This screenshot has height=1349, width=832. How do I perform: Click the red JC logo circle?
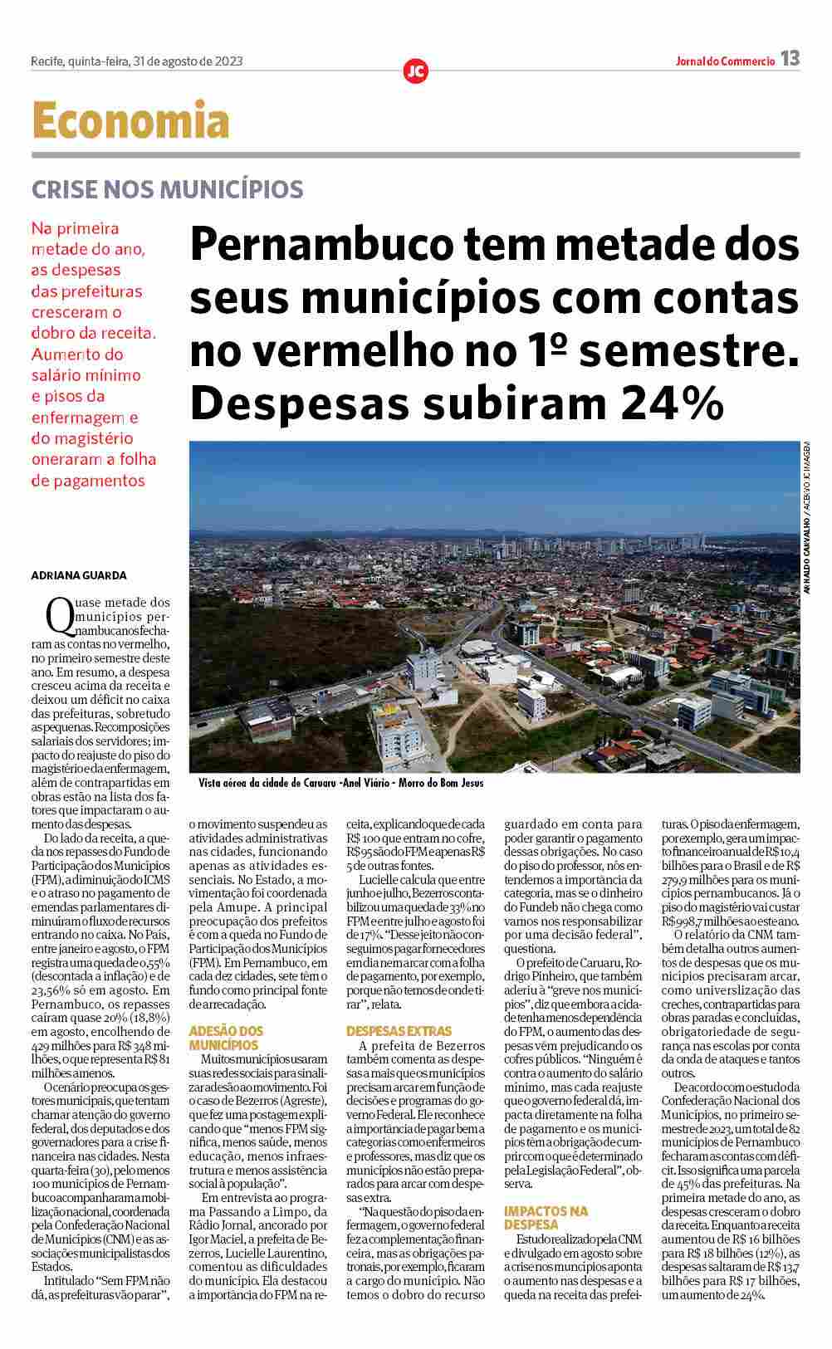pyautogui.click(x=415, y=71)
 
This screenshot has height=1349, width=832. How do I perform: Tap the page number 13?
pyautogui.click(x=790, y=59)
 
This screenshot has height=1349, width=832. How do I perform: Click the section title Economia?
pyautogui.click(x=130, y=121)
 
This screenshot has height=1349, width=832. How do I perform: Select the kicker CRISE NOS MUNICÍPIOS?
pyautogui.click(x=167, y=189)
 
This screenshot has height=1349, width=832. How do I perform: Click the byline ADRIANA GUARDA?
pyautogui.click(x=79, y=575)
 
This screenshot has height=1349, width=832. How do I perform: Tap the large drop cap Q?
pyautogui.click(x=59, y=615)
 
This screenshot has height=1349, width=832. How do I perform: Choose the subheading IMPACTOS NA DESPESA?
pyautogui.click(x=546, y=1218)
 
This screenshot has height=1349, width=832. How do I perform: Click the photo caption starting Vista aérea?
pyautogui.click(x=340, y=783)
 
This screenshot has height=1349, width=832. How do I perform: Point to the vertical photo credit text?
pyautogui.click(x=805, y=517)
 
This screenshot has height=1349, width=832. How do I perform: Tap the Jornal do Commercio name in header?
pyautogui.click(x=724, y=61)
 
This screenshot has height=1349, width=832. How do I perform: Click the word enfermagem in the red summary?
pyautogui.click(x=79, y=417)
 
